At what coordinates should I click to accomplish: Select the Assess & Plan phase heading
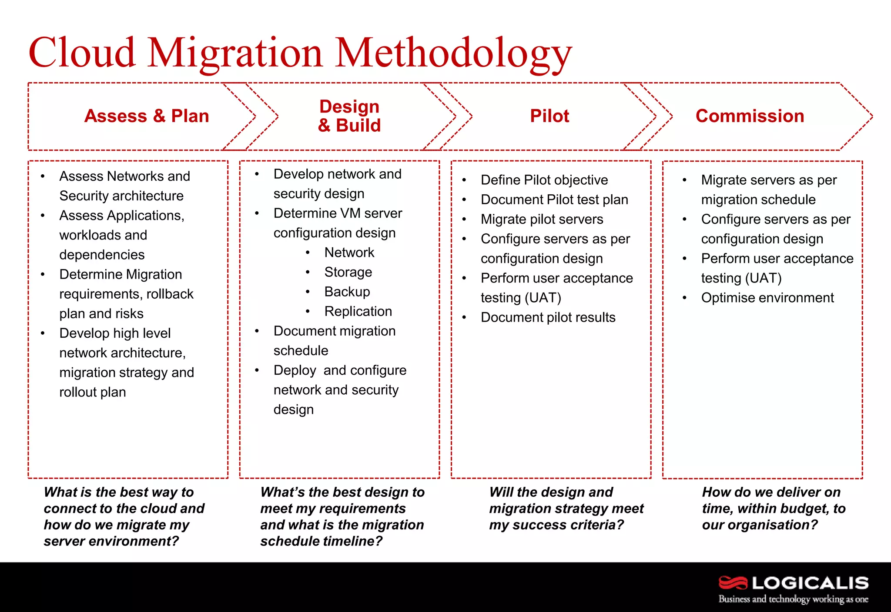pos(147,116)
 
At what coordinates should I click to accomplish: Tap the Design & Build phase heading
pos(349,116)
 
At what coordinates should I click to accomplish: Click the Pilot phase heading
pos(549,116)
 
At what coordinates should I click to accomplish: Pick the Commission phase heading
pos(750,116)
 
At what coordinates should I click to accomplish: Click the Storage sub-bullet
pos(348,272)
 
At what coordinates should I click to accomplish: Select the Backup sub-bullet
pos(347,292)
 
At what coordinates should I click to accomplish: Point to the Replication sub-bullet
pos(358,311)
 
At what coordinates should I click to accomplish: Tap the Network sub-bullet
pos(349,253)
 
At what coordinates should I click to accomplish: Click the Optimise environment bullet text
pos(767,298)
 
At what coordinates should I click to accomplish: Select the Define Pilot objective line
pos(544,180)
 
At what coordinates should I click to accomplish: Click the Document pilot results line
pos(548,317)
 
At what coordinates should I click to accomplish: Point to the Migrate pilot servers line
pos(542,219)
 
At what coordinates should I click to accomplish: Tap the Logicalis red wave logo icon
pos(733,582)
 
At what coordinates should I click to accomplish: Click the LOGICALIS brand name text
pos(810,583)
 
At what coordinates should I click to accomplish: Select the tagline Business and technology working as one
pos(793,599)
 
